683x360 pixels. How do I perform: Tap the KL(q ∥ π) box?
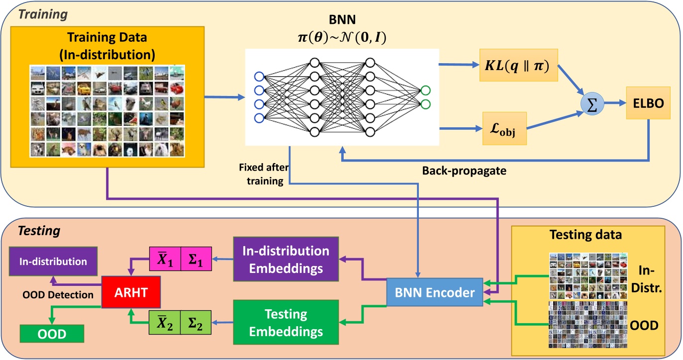coord(515,67)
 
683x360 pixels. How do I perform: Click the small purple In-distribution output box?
coord(53,261)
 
